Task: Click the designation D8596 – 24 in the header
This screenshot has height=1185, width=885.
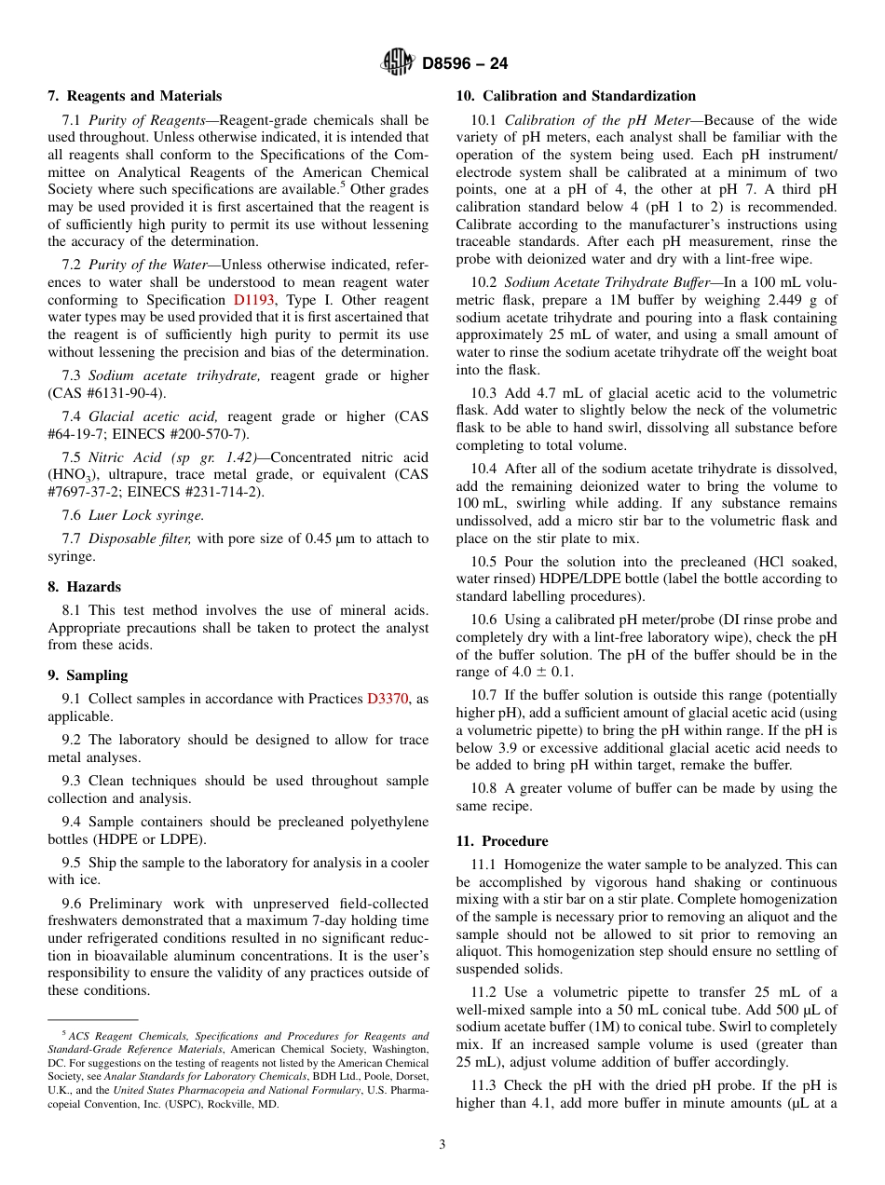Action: [x=464, y=64]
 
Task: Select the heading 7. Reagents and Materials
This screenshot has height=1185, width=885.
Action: [x=134, y=96]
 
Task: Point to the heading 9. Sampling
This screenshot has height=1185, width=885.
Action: [x=88, y=675]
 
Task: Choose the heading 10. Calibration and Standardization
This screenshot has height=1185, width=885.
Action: [x=575, y=96]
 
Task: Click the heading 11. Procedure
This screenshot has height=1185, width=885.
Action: [x=502, y=841]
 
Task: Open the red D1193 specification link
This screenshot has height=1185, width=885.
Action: [x=253, y=300]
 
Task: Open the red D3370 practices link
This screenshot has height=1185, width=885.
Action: [x=388, y=699]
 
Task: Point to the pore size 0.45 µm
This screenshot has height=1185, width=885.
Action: [x=347, y=538]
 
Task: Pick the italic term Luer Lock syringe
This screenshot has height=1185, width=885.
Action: [x=146, y=515]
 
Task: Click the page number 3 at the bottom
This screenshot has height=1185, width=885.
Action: [x=442, y=1145]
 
